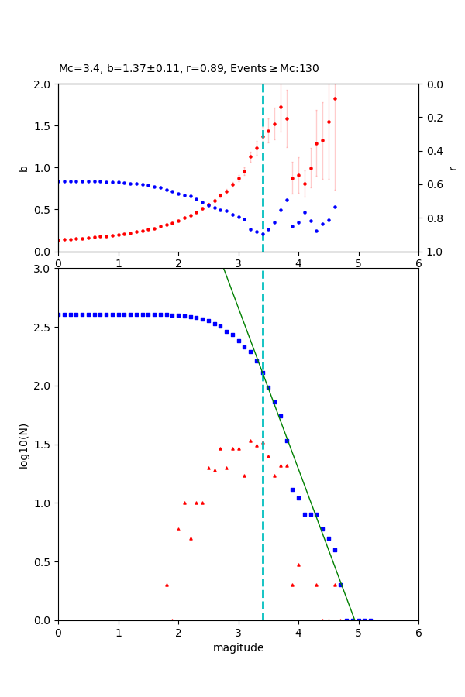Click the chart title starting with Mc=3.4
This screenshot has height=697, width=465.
tap(188, 69)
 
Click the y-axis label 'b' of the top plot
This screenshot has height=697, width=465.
tap(23, 168)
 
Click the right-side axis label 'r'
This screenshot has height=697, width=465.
tap(453, 168)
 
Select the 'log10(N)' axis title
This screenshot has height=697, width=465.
tap(23, 445)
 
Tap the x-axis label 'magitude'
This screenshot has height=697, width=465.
tap(238, 647)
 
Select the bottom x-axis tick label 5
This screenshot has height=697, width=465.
tap(358, 633)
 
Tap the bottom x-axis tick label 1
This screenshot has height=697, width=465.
tap(118, 633)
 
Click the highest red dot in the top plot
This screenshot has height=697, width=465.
tap(335, 98)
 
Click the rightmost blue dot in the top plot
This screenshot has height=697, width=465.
tap(335, 207)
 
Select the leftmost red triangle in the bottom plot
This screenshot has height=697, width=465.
tap(167, 585)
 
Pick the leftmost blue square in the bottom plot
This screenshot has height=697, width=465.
tap(59, 314)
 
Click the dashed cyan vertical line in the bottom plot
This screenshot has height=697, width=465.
tap(263, 503)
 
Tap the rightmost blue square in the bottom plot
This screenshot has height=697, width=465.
tap(370, 620)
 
